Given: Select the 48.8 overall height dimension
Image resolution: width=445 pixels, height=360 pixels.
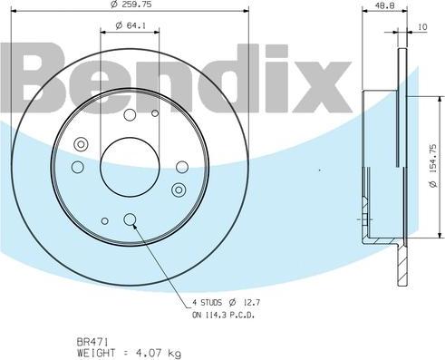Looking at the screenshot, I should [x=384, y=8].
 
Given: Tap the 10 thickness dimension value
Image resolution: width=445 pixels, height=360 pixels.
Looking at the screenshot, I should [x=422, y=28].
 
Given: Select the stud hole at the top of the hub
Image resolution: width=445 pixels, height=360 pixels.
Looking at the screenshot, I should [x=130, y=114].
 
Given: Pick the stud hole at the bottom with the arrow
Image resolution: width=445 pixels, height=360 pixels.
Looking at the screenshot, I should [x=130, y=219].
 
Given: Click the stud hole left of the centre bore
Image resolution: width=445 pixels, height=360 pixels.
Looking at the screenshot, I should [x=78, y=167].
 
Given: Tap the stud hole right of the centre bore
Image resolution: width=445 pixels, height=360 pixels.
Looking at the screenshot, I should [x=182, y=167].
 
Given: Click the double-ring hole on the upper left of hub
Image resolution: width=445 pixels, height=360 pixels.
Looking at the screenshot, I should [x=82, y=143].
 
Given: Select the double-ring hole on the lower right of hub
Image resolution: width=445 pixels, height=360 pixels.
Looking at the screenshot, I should [x=179, y=190].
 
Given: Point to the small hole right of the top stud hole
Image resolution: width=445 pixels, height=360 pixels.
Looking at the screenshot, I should [x=155, y=114].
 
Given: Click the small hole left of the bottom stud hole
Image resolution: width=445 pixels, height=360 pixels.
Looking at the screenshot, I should [x=105, y=219].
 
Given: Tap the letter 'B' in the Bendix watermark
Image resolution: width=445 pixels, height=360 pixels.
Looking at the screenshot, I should [x=36, y=77].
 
